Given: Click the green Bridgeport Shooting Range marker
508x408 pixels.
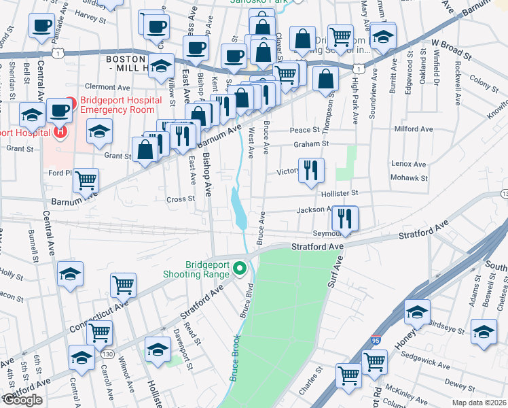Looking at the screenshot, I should [239, 270].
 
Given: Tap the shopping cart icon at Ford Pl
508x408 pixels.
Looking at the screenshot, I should [86, 181].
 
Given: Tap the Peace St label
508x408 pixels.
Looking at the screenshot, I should [304, 130].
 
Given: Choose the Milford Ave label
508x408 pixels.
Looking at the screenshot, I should [413, 129].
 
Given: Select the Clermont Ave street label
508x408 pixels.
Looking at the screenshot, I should [108, 87].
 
